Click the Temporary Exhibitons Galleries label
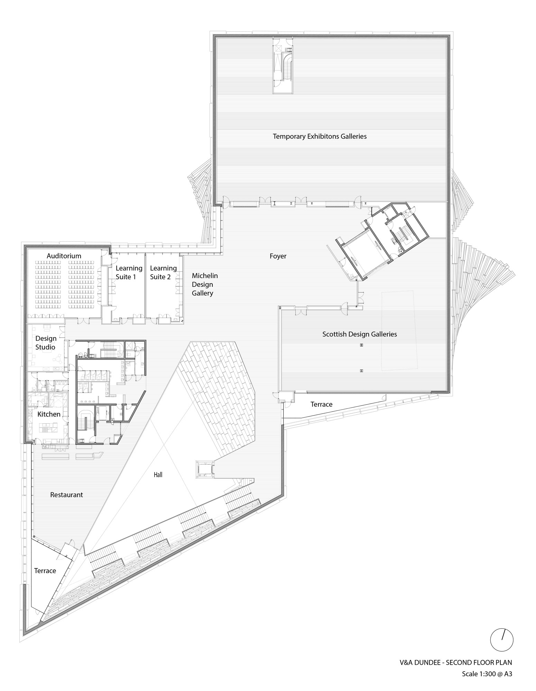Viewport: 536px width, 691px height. [x=320, y=136]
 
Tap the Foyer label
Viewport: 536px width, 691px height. [x=278, y=256]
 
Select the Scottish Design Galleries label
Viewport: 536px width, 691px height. [x=359, y=334]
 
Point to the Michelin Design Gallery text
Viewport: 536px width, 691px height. [x=204, y=284]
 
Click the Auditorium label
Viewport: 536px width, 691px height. [x=64, y=256]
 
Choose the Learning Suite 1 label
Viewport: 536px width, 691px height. [x=129, y=272]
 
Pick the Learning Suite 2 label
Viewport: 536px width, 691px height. [x=163, y=272]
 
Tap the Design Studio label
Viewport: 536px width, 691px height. [x=46, y=342]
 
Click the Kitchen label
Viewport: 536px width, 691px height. [x=49, y=414]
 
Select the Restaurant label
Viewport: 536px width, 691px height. [x=66, y=495]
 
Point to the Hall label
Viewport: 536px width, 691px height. [x=158, y=475]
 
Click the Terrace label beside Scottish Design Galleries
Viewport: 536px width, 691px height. [x=321, y=404]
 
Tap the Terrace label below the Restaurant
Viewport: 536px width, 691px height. [x=45, y=570]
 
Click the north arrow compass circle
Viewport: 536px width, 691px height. [x=502, y=639]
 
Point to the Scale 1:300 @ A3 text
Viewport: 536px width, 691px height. [x=487, y=673]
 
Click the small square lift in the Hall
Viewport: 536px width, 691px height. [x=204, y=469]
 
